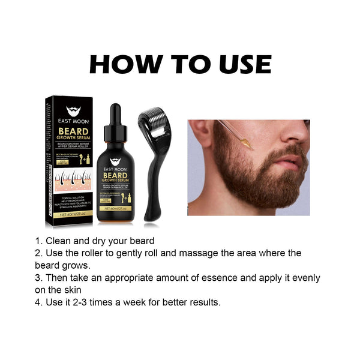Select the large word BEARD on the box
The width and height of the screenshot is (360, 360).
point(73,130)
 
